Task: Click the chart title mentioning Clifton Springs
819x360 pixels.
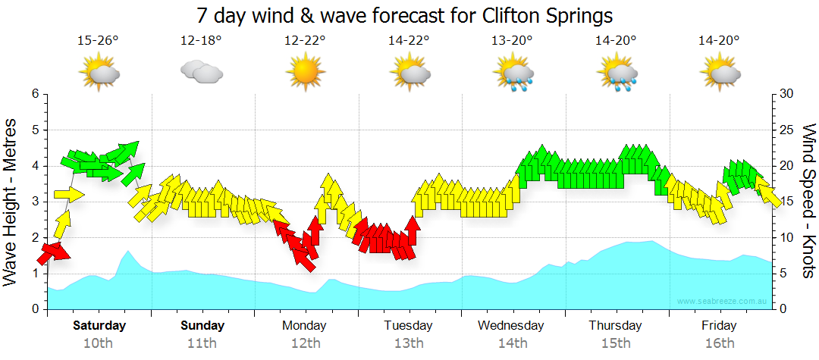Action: click(404, 15)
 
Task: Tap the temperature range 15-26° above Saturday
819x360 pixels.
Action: click(99, 40)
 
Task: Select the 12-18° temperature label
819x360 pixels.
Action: click(201, 40)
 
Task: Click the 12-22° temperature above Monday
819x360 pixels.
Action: click(305, 40)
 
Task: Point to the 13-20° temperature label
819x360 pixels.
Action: click(512, 40)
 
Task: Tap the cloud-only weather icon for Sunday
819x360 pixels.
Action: click(201, 73)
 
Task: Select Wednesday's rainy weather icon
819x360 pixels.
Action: click(514, 74)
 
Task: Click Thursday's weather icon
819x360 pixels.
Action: click(618, 74)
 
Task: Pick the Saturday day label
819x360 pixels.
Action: click(99, 326)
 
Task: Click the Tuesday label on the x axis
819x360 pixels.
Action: click(408, 326)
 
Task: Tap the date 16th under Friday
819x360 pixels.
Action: click(719, 343)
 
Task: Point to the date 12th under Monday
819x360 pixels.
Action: click(305, 343)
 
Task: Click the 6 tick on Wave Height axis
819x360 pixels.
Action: click(35, 94)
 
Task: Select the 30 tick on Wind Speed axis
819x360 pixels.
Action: click(787, 94)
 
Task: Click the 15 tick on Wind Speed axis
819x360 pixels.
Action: click(787, 202)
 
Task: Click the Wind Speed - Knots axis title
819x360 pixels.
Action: click(808, 202)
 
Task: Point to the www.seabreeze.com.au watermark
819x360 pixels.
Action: click(722, 302)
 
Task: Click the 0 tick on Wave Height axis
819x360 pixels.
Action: click(35, 309)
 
